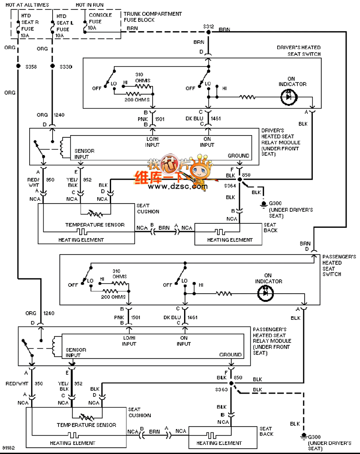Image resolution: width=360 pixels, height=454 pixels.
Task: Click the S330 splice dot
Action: pyautogui.click(x=53, y=67)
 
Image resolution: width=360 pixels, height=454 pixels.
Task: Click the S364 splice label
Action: pyautogui.click(x=230, y=186)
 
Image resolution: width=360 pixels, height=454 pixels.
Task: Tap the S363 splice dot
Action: pyautogui.click(x=231, y=384)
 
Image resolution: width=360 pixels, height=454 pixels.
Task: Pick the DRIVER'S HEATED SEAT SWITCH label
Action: pyautogui.click(x=299, y=51)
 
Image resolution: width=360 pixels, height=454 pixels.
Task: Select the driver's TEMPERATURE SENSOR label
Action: pyautogui.click(x=94, y=224)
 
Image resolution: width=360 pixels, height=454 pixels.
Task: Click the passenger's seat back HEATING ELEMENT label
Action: pyautogui.click(x=219, y=443)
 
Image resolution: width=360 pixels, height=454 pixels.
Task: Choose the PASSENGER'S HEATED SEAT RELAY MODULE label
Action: pyautogui.click(x=273, y=341)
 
